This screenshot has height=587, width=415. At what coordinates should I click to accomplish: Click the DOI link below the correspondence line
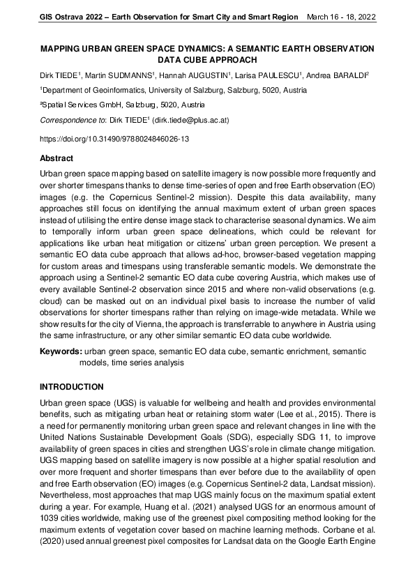[x=114, y=139]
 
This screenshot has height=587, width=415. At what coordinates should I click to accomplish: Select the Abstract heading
[x=56, y=158]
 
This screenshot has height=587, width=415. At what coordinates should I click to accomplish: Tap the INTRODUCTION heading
[x=72, y=386]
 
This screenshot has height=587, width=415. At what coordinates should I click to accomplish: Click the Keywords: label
[x=61, y=352]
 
